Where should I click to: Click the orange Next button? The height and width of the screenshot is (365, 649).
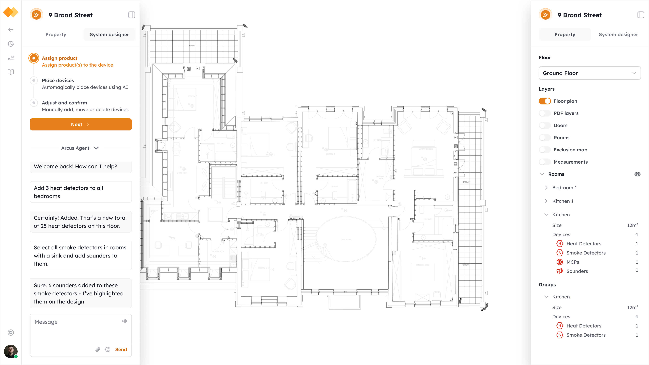tap(81, 124)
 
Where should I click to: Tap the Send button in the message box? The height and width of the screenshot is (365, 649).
tap(121, 349)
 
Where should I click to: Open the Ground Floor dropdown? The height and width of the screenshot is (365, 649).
tap(590, 73)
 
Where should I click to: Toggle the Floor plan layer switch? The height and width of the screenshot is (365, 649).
tap(545, 101)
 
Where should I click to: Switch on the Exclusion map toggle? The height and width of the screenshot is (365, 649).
tap(545, 150)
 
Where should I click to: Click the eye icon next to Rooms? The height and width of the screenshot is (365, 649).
tap(637, 174)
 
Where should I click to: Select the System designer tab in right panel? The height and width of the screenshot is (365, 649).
tap(618, 34)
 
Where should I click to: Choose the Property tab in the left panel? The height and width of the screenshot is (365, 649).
tap(56, 34)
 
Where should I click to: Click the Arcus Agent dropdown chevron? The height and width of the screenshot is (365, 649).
tap(96, 148)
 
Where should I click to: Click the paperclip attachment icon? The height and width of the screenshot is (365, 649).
tap(98, 349)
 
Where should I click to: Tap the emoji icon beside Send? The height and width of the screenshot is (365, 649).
tap(108, 349)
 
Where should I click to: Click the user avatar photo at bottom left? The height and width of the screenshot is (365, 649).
tap(11, 351)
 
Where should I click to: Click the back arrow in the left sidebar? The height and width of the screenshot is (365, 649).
tap(11, 30)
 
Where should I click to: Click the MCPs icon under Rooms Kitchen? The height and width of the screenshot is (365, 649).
tap(560, 262)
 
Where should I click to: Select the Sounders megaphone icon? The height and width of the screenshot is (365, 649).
tap(560, 271)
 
